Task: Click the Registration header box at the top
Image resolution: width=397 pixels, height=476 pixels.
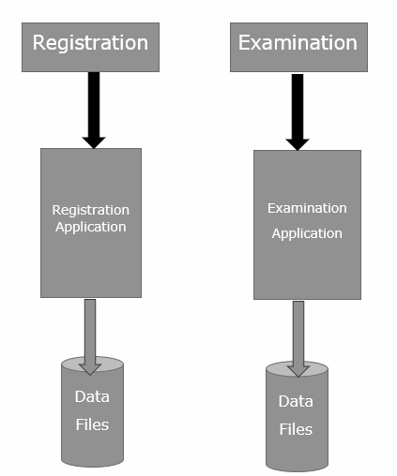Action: tap(90, 47)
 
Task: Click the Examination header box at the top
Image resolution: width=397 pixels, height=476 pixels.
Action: tap(298, 47)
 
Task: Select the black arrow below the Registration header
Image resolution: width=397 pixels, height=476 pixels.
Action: tap(94, 111)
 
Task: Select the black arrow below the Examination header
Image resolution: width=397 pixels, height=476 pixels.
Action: tap(298, 112)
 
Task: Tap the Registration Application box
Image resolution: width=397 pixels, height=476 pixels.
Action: tap(91, 223)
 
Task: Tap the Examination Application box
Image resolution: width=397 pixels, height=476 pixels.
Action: tap(307, 225)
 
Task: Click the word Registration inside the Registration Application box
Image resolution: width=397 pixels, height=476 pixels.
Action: tap(91, 210)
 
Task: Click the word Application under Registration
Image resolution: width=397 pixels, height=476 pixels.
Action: tap(91, 227)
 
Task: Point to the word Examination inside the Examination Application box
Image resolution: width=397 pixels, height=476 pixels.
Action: tap(307, 208)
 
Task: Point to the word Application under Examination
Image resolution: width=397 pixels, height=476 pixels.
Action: tap(307, 233)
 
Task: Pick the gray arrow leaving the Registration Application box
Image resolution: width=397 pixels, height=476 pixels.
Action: tap(90, 337)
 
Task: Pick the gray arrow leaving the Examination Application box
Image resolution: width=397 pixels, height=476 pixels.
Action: tap(298, 339)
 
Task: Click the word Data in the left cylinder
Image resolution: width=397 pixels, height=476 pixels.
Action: tap(92, 396)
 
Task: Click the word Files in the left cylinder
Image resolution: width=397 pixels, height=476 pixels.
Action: tap(92, 424)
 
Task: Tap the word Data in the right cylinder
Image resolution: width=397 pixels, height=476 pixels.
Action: tap(296, 401)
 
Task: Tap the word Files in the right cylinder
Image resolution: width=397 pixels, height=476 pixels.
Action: tap(296, 429)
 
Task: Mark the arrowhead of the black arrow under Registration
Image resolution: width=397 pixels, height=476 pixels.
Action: tap(94, 142)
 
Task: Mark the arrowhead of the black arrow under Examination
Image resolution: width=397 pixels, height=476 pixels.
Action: tap(298, 145)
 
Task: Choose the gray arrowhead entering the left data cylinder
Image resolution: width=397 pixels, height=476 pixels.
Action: tap(90, 369)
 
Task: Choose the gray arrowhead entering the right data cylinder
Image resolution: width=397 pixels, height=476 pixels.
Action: tap(298, 372)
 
